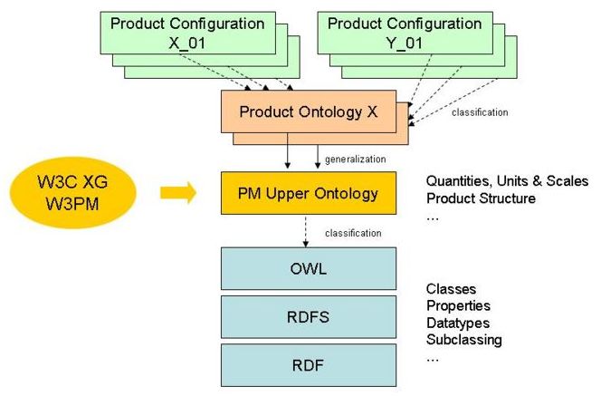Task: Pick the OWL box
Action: [x=309, y=269]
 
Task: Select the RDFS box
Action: [x=309, y=317]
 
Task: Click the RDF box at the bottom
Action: [x=309, y=365]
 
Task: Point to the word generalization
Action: [x=356, y=159]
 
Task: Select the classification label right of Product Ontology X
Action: [x=479, y=112]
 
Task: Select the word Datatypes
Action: [x=458, y=324]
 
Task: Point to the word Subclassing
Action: [x=463, y=340]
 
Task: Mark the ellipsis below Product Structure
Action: [x=432, y=217]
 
